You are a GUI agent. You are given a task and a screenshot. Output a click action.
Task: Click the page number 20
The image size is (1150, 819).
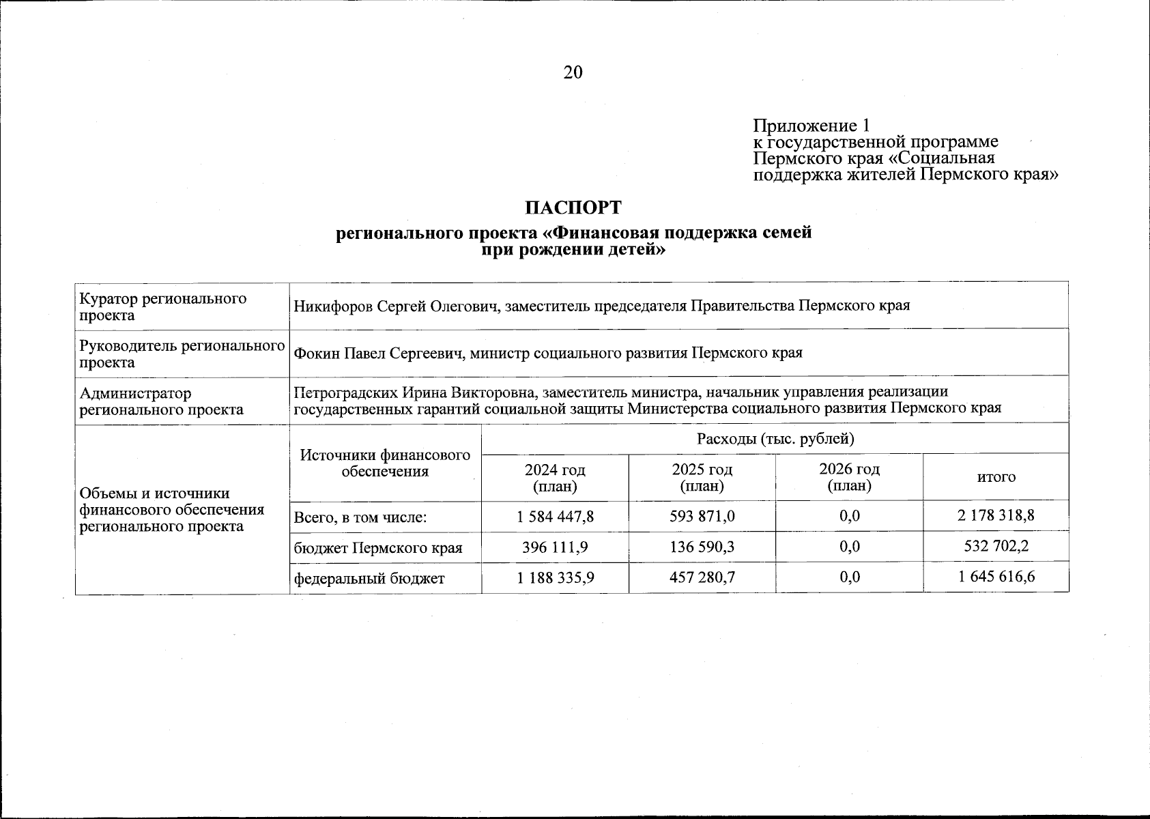573,72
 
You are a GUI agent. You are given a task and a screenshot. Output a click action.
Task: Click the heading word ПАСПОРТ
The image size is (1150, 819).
573,207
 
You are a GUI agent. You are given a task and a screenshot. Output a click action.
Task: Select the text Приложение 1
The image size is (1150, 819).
811,126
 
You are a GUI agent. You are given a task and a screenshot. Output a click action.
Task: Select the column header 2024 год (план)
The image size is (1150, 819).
555,478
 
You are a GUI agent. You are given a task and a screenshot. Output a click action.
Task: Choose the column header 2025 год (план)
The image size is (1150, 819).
702,478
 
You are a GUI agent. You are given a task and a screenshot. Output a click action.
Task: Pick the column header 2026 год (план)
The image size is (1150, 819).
849,478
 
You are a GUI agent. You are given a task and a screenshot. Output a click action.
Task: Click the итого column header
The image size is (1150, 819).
996,478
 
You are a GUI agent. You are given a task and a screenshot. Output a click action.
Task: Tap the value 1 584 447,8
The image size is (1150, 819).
556,516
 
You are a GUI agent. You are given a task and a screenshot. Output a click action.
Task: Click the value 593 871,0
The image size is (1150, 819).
702,516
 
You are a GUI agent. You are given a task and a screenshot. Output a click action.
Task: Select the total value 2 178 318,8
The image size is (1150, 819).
996,516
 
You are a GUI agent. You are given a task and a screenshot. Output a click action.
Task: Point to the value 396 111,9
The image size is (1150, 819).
556,547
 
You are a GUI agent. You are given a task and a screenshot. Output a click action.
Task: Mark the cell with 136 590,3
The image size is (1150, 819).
702,547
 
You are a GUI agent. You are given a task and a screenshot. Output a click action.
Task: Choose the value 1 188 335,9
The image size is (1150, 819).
556,578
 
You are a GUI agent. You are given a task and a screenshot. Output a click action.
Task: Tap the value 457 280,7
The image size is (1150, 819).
702,578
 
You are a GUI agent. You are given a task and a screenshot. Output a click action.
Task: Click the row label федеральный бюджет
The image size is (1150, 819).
369,579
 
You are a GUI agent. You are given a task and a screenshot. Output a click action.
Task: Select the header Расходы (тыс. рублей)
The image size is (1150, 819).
775,439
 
